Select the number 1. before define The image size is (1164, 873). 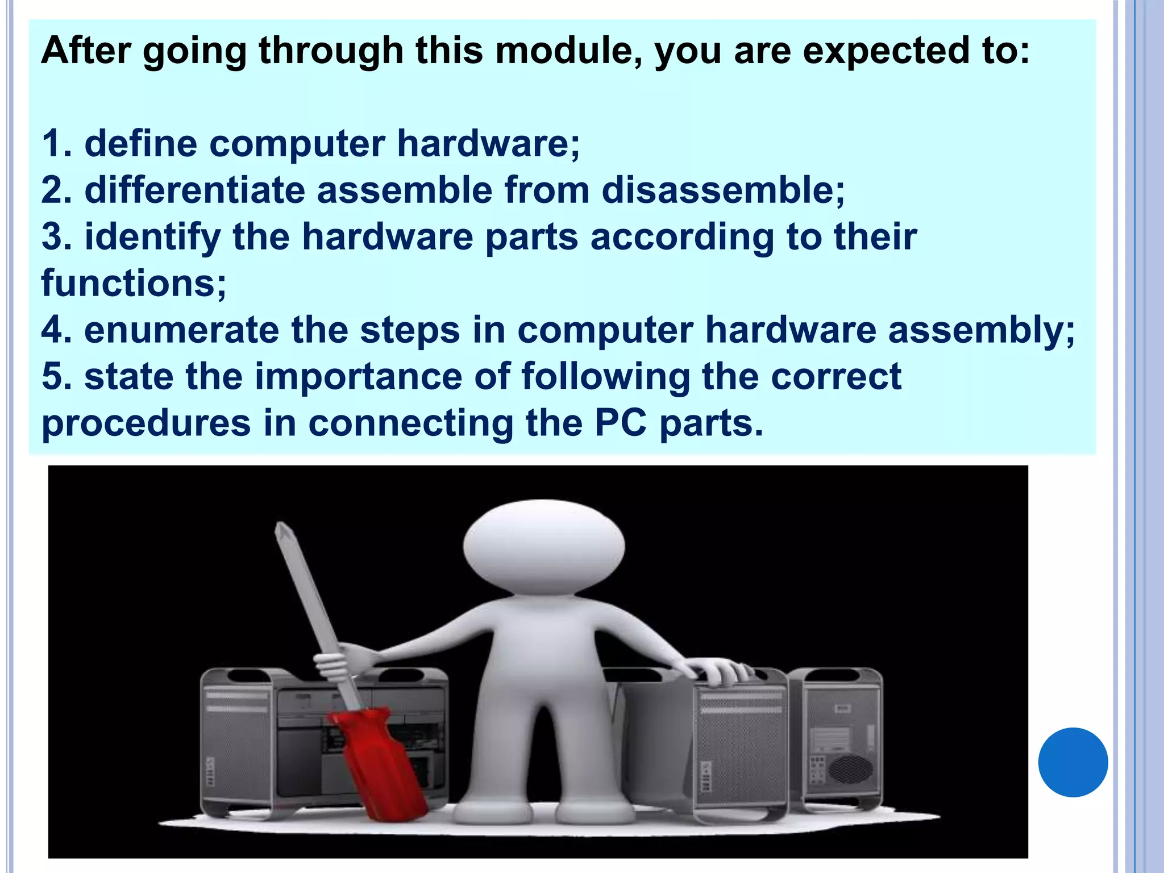[x=57, y=143]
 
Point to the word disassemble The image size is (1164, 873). [x=722, y=190]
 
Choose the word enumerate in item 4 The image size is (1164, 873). [x=182, y=331]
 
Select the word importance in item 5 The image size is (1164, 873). [x=358, y=377]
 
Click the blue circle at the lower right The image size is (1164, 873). [x=1072, y=762]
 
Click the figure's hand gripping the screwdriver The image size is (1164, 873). [x=341, y=659]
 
